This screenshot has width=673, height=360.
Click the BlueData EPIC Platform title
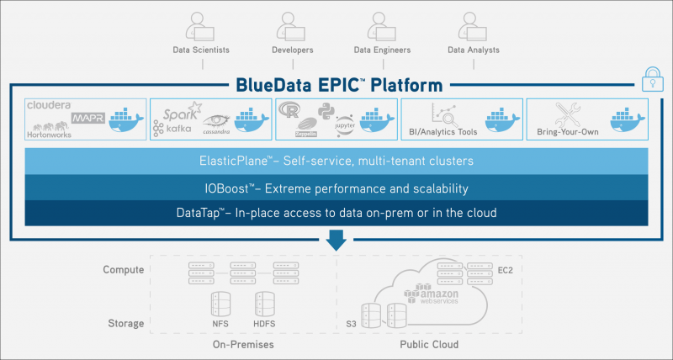[x=336, y=85]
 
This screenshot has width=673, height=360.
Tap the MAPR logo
[x=88, y=119]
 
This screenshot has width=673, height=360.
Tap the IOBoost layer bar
[x=336, y=188]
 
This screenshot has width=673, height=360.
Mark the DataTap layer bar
[x=336, y=213]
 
